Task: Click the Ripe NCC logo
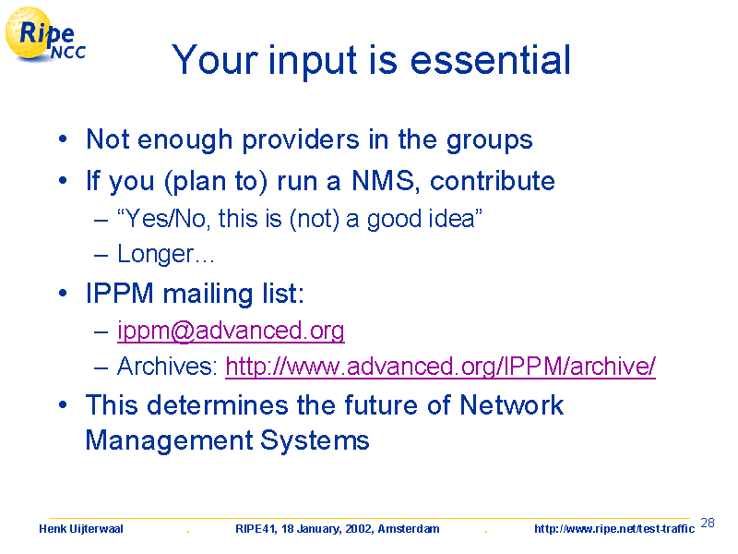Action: pyautogui.click(x=45, y=34)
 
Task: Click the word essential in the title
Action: pyautogui.click(x=491, y=60)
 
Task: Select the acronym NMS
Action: pyautogui.click(x=384, y=180)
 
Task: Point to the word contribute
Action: pyautogui.click(x=493, y=180)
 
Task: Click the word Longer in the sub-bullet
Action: pyautogui.click(x=155, y=255)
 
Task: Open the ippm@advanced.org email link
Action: pyautogui.click(x=231, y=331)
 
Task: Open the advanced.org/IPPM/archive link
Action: pyautogui.click(x=441, y=366)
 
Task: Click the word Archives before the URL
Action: pyautogui.click(x=167, y=366)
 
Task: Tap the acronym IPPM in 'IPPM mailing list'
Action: pyautogui.click(x=120, y=294)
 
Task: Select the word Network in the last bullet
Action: pyautogui.click(x=512, y=404)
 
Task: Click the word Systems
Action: pyautogui.click(x=315, y=441)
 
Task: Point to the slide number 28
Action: pyautogui.click(x=708, y=523)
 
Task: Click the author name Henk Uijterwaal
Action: pyautogui.click(x=81, y=529)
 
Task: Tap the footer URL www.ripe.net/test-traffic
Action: pyautogui.click(x=614, y=529)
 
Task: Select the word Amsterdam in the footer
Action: pyautogui.click(x=409, y=529)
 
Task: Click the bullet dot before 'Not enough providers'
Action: pyautogui.click(x=63, y=140)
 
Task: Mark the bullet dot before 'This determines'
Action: pyautogui.click(x=63, y=405)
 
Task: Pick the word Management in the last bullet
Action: pyautogui.click(x=170, y=441)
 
